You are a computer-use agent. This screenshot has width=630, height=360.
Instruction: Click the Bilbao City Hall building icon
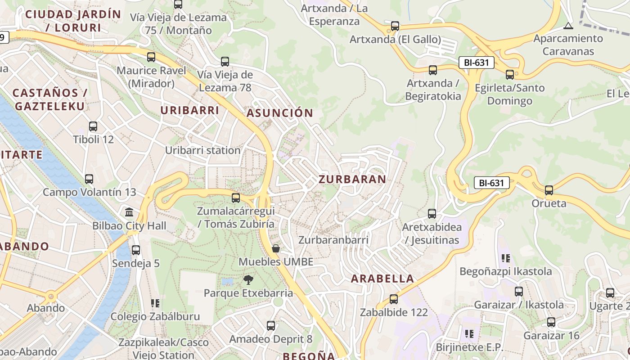tap(129, 212)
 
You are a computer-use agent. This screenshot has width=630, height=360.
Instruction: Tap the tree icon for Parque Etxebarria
tap(248, 280)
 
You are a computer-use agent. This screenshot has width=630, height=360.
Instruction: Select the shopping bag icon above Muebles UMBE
tap(276, 248)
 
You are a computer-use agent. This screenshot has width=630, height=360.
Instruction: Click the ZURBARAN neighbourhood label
tap(352, 179)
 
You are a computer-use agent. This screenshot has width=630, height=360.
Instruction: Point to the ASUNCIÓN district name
tap(279, 113)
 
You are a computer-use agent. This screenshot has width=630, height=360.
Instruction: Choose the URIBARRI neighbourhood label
tap(190, 110)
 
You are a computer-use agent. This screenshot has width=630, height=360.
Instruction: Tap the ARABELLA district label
tap(382, 279)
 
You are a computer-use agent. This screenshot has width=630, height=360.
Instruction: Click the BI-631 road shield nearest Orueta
tap(491, 183)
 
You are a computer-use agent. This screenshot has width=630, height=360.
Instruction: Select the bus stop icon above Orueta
tap(549, 190)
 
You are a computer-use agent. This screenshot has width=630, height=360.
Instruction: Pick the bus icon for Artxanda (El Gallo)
tap(395, 26)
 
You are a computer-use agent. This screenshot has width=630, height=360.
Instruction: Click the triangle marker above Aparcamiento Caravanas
tap(568, 26)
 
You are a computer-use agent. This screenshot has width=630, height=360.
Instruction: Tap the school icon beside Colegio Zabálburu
tap(155, 303)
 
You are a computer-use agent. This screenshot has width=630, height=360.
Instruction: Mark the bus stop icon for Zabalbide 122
tap(394, 299)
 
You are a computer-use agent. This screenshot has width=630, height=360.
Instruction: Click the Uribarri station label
tap(202, 150)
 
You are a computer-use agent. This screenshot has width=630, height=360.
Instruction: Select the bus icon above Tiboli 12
tap(93, 126)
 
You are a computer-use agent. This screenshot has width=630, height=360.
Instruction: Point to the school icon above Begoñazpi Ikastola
tap(506, 258)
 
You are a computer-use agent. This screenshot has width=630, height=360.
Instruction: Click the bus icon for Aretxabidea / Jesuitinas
tap(432, 214)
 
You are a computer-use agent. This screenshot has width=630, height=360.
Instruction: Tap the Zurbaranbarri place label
tap(333, 240)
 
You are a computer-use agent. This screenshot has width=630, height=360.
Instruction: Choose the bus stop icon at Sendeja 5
tap(136, 250)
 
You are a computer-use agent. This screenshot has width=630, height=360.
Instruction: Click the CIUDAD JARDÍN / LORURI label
tap(73, 21)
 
